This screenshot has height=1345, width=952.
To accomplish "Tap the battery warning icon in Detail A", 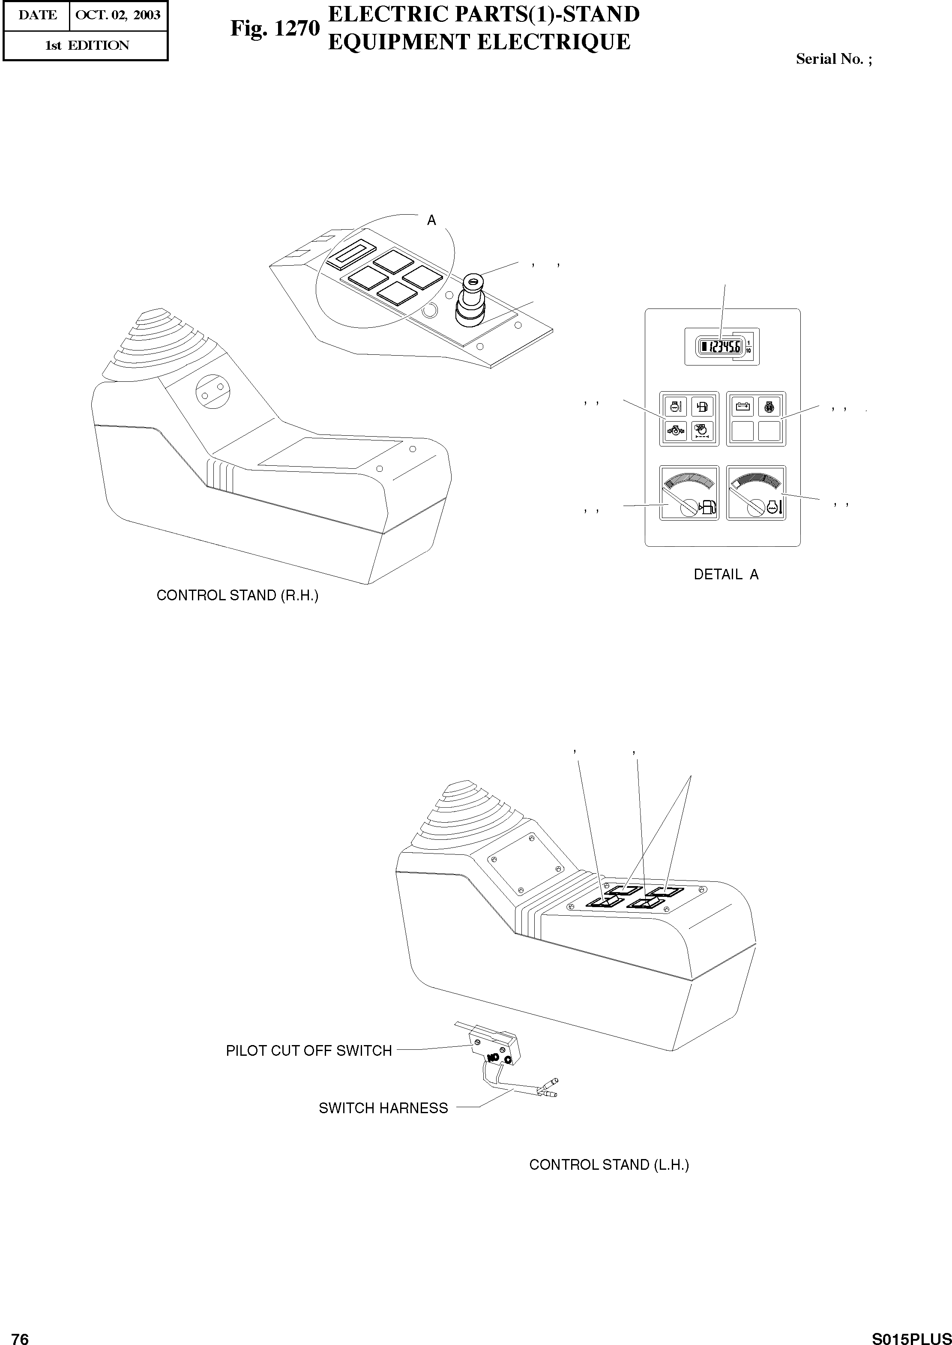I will [x=743, y=406].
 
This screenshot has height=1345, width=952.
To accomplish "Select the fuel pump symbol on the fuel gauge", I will [x=707, y=508].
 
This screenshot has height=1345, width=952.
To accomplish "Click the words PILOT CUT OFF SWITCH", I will [x=308, y=1050].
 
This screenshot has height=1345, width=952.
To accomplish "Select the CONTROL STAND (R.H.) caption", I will [x=237, y=595].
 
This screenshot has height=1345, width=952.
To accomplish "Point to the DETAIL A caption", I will [x=726, y=575].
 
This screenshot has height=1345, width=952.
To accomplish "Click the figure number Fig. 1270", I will [x=275, y=28].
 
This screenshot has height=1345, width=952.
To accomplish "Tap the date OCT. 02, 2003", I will [x=118, y=15].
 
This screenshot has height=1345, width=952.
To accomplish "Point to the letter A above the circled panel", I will [x=431, y=221].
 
